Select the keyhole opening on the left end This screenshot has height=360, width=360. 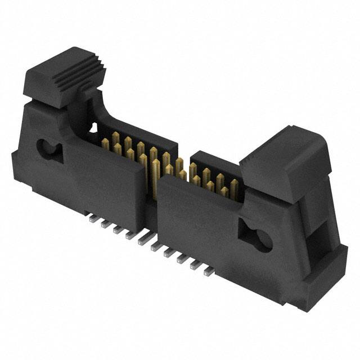point(48,148)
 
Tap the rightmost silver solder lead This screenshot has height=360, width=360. point(209,272)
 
